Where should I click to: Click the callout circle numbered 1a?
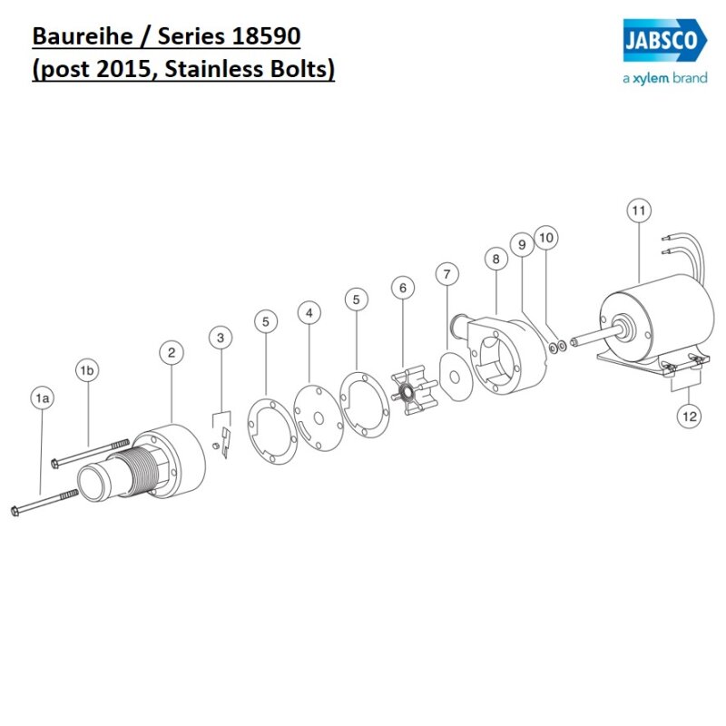pos(41,397)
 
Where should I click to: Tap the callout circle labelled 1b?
pos(87,371)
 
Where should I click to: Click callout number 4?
pos(309,313)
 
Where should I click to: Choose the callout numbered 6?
pos(402,289)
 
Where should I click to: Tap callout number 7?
pos(446,273)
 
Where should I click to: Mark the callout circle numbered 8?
pos(495,260)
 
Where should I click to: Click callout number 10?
pos(545,238)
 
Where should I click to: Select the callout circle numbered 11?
pos(639,211)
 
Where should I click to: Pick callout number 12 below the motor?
pos(689,417)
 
